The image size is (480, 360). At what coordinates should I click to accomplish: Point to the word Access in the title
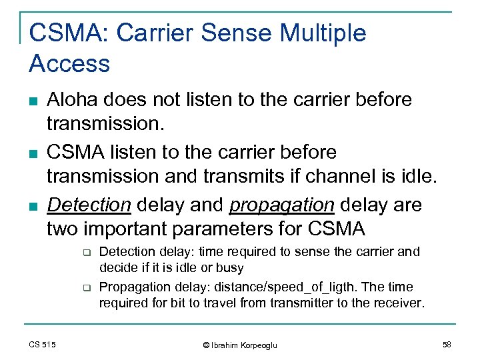(x=69, y=64)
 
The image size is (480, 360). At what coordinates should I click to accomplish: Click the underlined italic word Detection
(x=89, y=205)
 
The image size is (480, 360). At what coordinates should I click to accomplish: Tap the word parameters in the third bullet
(x=213, y=230)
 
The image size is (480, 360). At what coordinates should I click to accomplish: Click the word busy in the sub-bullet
(x=231, y=268)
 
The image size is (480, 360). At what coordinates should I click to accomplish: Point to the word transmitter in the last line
(x=275, y=303)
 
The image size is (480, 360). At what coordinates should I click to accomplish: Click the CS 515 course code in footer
(x=42, y=344)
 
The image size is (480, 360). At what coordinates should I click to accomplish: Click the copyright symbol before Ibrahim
(x=207, y=345)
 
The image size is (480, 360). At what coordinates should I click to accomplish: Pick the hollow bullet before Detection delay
(x=86, y=253)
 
